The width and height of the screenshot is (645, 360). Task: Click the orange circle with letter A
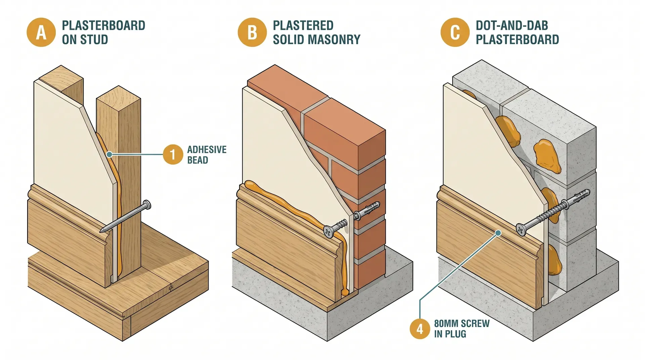point(41,33)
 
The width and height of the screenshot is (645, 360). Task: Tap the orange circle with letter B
point(252,33)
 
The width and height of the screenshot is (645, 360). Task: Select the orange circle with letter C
point(455,33)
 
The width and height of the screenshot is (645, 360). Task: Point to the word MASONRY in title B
point(337,40)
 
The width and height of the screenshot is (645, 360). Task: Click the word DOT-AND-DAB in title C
point(512,26)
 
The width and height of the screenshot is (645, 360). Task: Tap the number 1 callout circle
point(173,155)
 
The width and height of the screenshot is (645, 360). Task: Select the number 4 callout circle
point(420,329)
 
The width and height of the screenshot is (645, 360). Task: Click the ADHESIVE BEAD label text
point(206,155)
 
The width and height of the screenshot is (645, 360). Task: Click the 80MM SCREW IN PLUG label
point(461,329)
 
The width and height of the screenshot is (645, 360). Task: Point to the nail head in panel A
point(147,205)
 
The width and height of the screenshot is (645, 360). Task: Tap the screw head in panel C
point(520,230)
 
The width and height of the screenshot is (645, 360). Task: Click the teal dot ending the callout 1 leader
point(109,154)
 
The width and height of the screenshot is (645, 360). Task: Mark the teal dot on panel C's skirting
point(498,233)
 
